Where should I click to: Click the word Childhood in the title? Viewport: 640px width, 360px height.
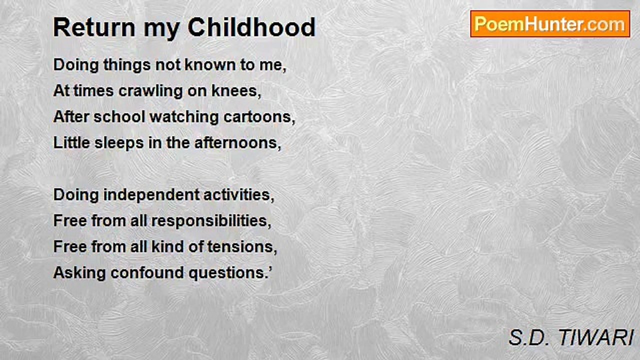click(x=251, y=27)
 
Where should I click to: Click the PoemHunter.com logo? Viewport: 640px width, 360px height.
click(x=550, y=24)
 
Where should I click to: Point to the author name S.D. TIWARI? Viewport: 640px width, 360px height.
click(x=571, y=337)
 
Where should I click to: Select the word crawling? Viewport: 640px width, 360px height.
click(x=150, y=91)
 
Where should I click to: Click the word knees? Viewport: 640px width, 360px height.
click(x=236, y=91)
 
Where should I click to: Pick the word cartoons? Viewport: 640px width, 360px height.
click(x=259, y=117)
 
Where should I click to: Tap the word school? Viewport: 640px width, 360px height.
click(x=119, y=117)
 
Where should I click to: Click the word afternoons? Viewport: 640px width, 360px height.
click(x=237, y=143)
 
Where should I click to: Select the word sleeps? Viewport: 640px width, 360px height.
click(x=119, y=143)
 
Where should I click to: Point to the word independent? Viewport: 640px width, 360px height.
click(x=151, y=195)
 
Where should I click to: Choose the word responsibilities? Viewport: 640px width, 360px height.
click(x=211, y=221)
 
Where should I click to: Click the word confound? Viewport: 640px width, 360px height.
click(x=147, y=273)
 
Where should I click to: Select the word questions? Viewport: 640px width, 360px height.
click(x=228, y=273)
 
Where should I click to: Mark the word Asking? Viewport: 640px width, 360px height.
click(x=79, y=273)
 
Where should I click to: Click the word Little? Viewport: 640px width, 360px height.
click(x=71, y=143)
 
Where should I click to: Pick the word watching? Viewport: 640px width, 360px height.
click(x=184, y=117)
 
